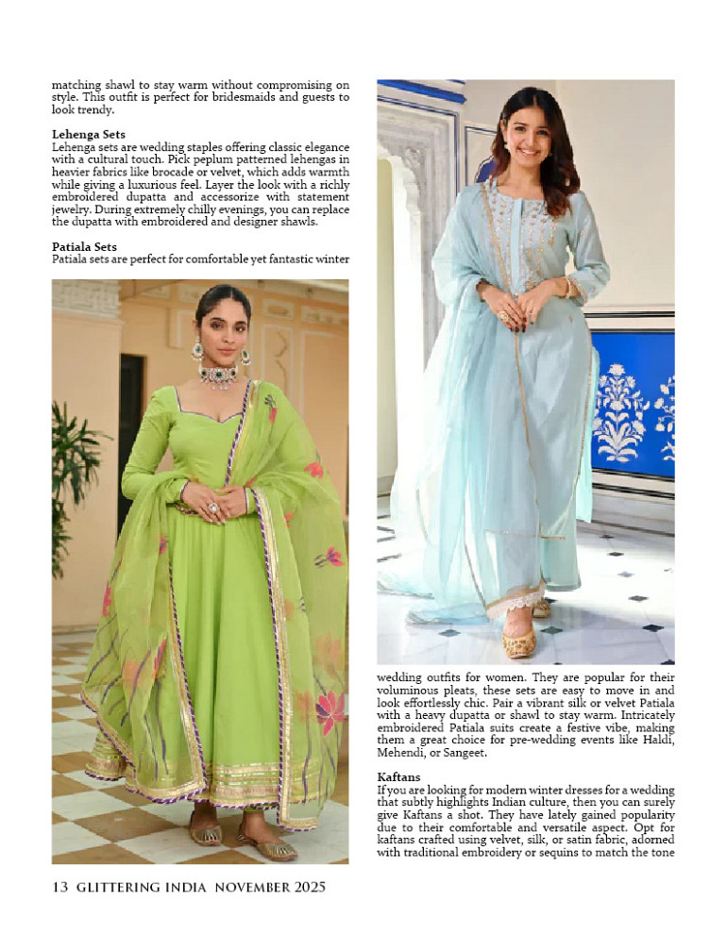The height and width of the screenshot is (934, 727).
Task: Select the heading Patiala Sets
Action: click(84, 247)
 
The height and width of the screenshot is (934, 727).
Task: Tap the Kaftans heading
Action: click(398, 776)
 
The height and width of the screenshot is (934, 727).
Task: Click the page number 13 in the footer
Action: click(59, 887)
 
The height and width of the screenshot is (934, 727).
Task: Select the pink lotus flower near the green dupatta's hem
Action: click(330, 712)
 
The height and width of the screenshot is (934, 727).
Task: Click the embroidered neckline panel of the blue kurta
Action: click(522, 226)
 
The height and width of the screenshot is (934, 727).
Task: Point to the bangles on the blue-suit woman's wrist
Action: click(569, 288)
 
